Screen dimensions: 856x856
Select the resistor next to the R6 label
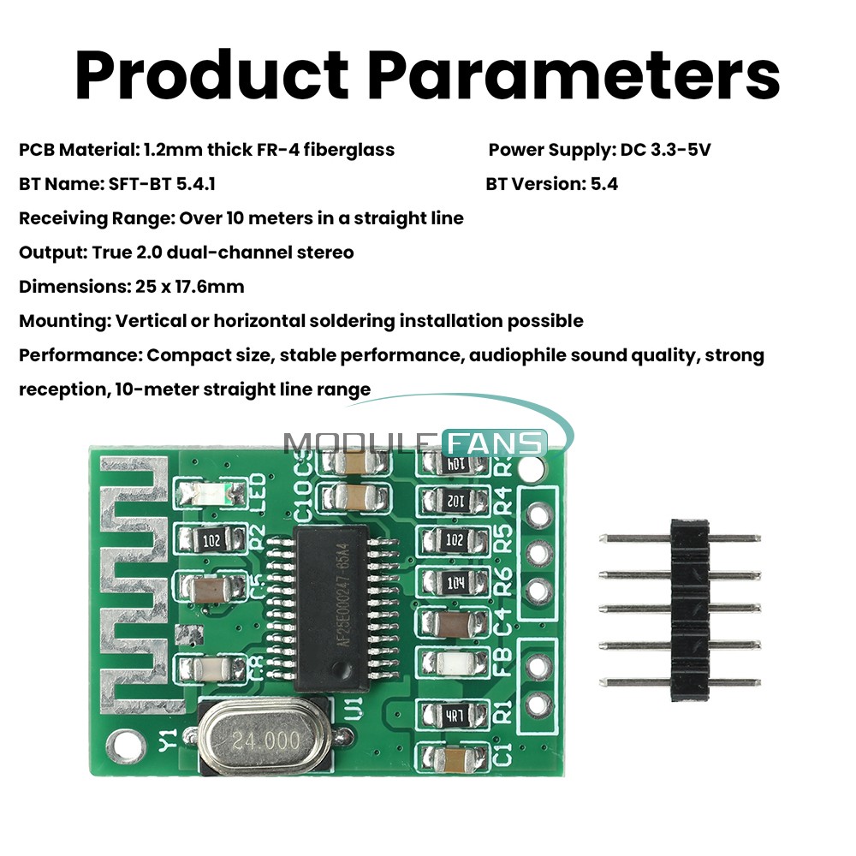tap(455, 582)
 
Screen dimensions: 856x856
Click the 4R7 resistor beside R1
tap(455, 715)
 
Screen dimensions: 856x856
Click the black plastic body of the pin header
tap(691, 608)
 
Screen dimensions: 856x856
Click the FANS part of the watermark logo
tap(496, 443)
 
